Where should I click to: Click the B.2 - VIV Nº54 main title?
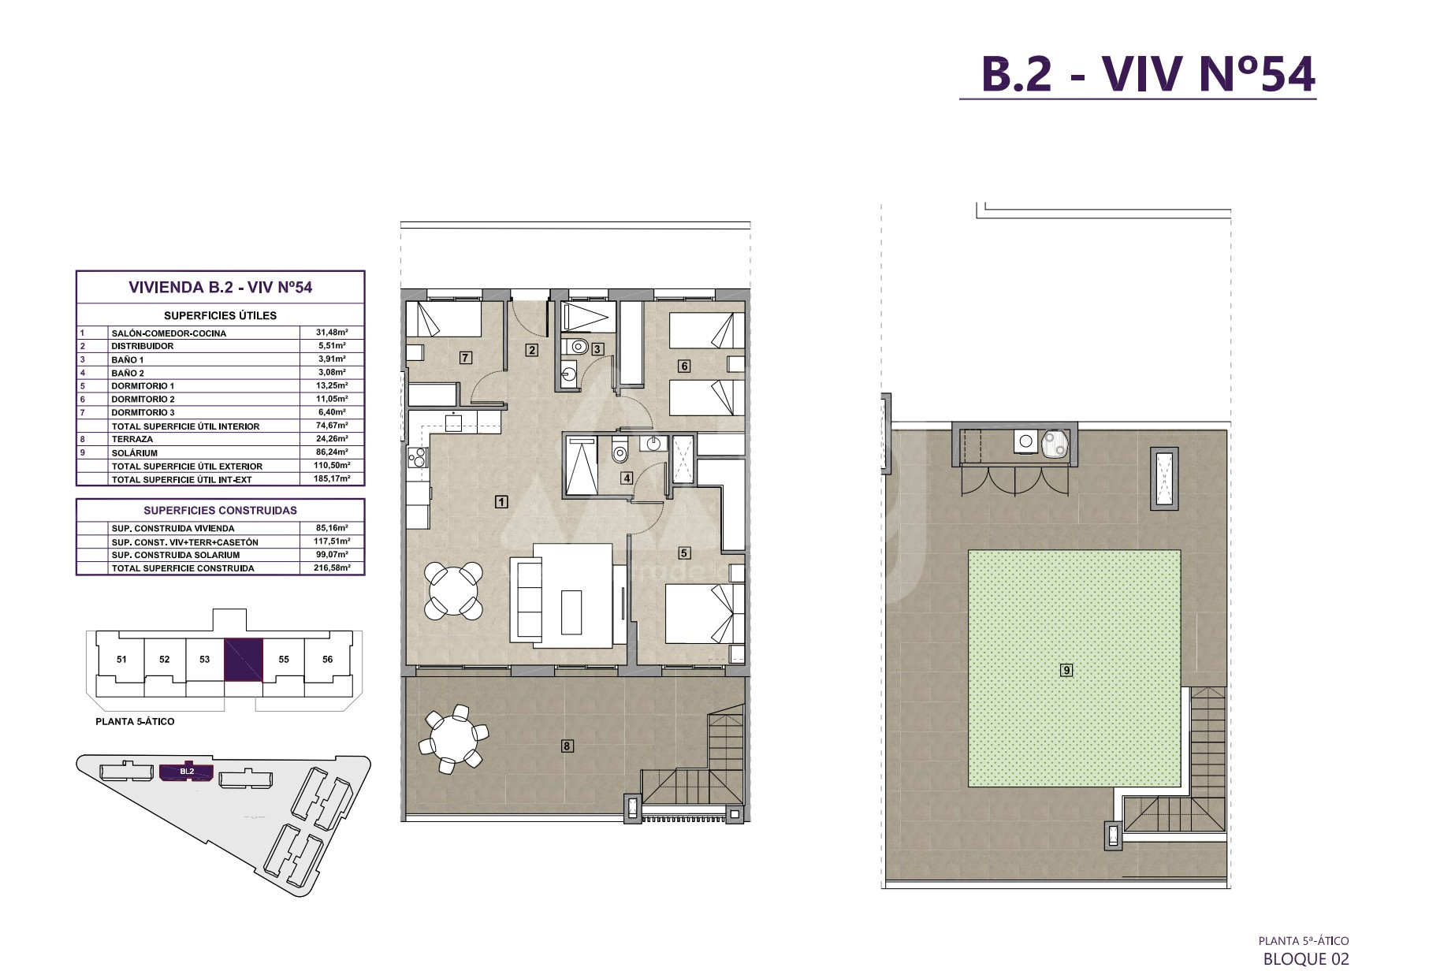pyautogui.click(x=1137, y=75)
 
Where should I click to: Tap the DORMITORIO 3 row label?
pyautogui.click(x=143, y=412)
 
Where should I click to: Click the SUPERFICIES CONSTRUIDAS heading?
pyautogui.click(x=220, y=510)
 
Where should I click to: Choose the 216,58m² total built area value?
pyautogui.click(x=331, y=567)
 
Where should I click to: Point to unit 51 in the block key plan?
pyautogui.click(x=121, y=660)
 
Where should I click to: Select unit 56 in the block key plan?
pyautogui.click(x=328, y=660)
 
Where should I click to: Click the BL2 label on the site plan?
pyautogui.click(x=187, y=772)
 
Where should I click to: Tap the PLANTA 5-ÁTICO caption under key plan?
pyautogui.click(x=135, y=721)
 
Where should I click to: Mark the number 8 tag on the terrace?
pyautogui.click(x=567, y=745)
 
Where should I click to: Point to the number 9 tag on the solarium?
pyautogui.click(x=1066, y=671)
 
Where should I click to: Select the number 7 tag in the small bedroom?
pyautogui.click(x=465, y=358)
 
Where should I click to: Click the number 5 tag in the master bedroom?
pyautogui.click(x=684, y=552)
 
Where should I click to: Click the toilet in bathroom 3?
pyautogui.click(x=580, y=344)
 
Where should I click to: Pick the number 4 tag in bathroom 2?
pyautogui.click(x=627, y=477)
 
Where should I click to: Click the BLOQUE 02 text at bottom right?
pyautogui.click(x=1306, y=958)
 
